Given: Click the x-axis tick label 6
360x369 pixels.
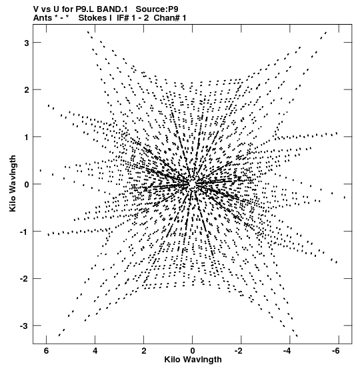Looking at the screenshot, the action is pyautogui.click(x=46, y=351).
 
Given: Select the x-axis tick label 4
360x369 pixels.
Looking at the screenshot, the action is pyautogui.click(x=95, y=351).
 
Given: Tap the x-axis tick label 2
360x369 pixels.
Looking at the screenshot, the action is pyautogui.click(x=144, y=351).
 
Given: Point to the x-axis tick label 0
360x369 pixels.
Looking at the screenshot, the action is pyautogui.click(x=193, y=351).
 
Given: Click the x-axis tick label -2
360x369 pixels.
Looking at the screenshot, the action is pyautogui.click(x=240, y=351).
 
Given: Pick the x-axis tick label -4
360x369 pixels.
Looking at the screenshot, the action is pyautogui.click(x=289, y=351).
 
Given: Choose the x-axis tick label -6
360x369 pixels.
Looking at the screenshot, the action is pyautogui.click(x=337, y=351).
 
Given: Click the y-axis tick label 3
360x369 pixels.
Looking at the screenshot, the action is pyautogui.click(x=26, y=43).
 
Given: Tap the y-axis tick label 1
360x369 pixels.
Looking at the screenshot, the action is pyautogui.click(x=26, y=137).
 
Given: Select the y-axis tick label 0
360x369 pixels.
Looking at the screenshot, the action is pyautogui.click(x=26, y=184).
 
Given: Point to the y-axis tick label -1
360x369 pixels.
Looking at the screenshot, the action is pyautogui.click(x=24, y=232).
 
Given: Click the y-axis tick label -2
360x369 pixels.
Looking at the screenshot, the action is pyautogui.click(x=24, y=279).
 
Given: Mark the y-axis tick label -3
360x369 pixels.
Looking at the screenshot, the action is pyautogui.click(x=24, y=326).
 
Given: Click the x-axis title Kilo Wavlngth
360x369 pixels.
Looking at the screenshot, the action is pyautogui.click(x=193, y=360).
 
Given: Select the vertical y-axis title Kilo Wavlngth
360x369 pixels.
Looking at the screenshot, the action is pyautogui.click(x=13, y=183).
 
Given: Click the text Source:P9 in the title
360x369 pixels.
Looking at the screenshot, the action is pyautogui.click(x=157, y=9).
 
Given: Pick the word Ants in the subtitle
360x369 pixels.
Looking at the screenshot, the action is pyautogui.click(x=42, y=18).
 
